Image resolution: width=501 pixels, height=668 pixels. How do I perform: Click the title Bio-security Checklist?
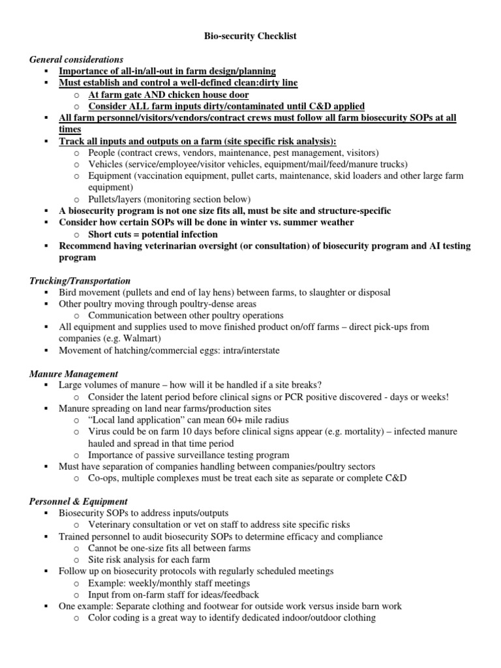point(250,37)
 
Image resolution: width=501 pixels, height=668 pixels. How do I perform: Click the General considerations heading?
point(76,59)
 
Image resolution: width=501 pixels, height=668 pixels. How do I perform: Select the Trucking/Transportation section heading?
point(80,281)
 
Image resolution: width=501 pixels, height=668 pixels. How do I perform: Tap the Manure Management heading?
point(74,374)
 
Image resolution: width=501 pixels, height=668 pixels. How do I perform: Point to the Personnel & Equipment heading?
point(78,502)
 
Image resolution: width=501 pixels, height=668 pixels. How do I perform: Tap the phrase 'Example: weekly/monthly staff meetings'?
point(169,583)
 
